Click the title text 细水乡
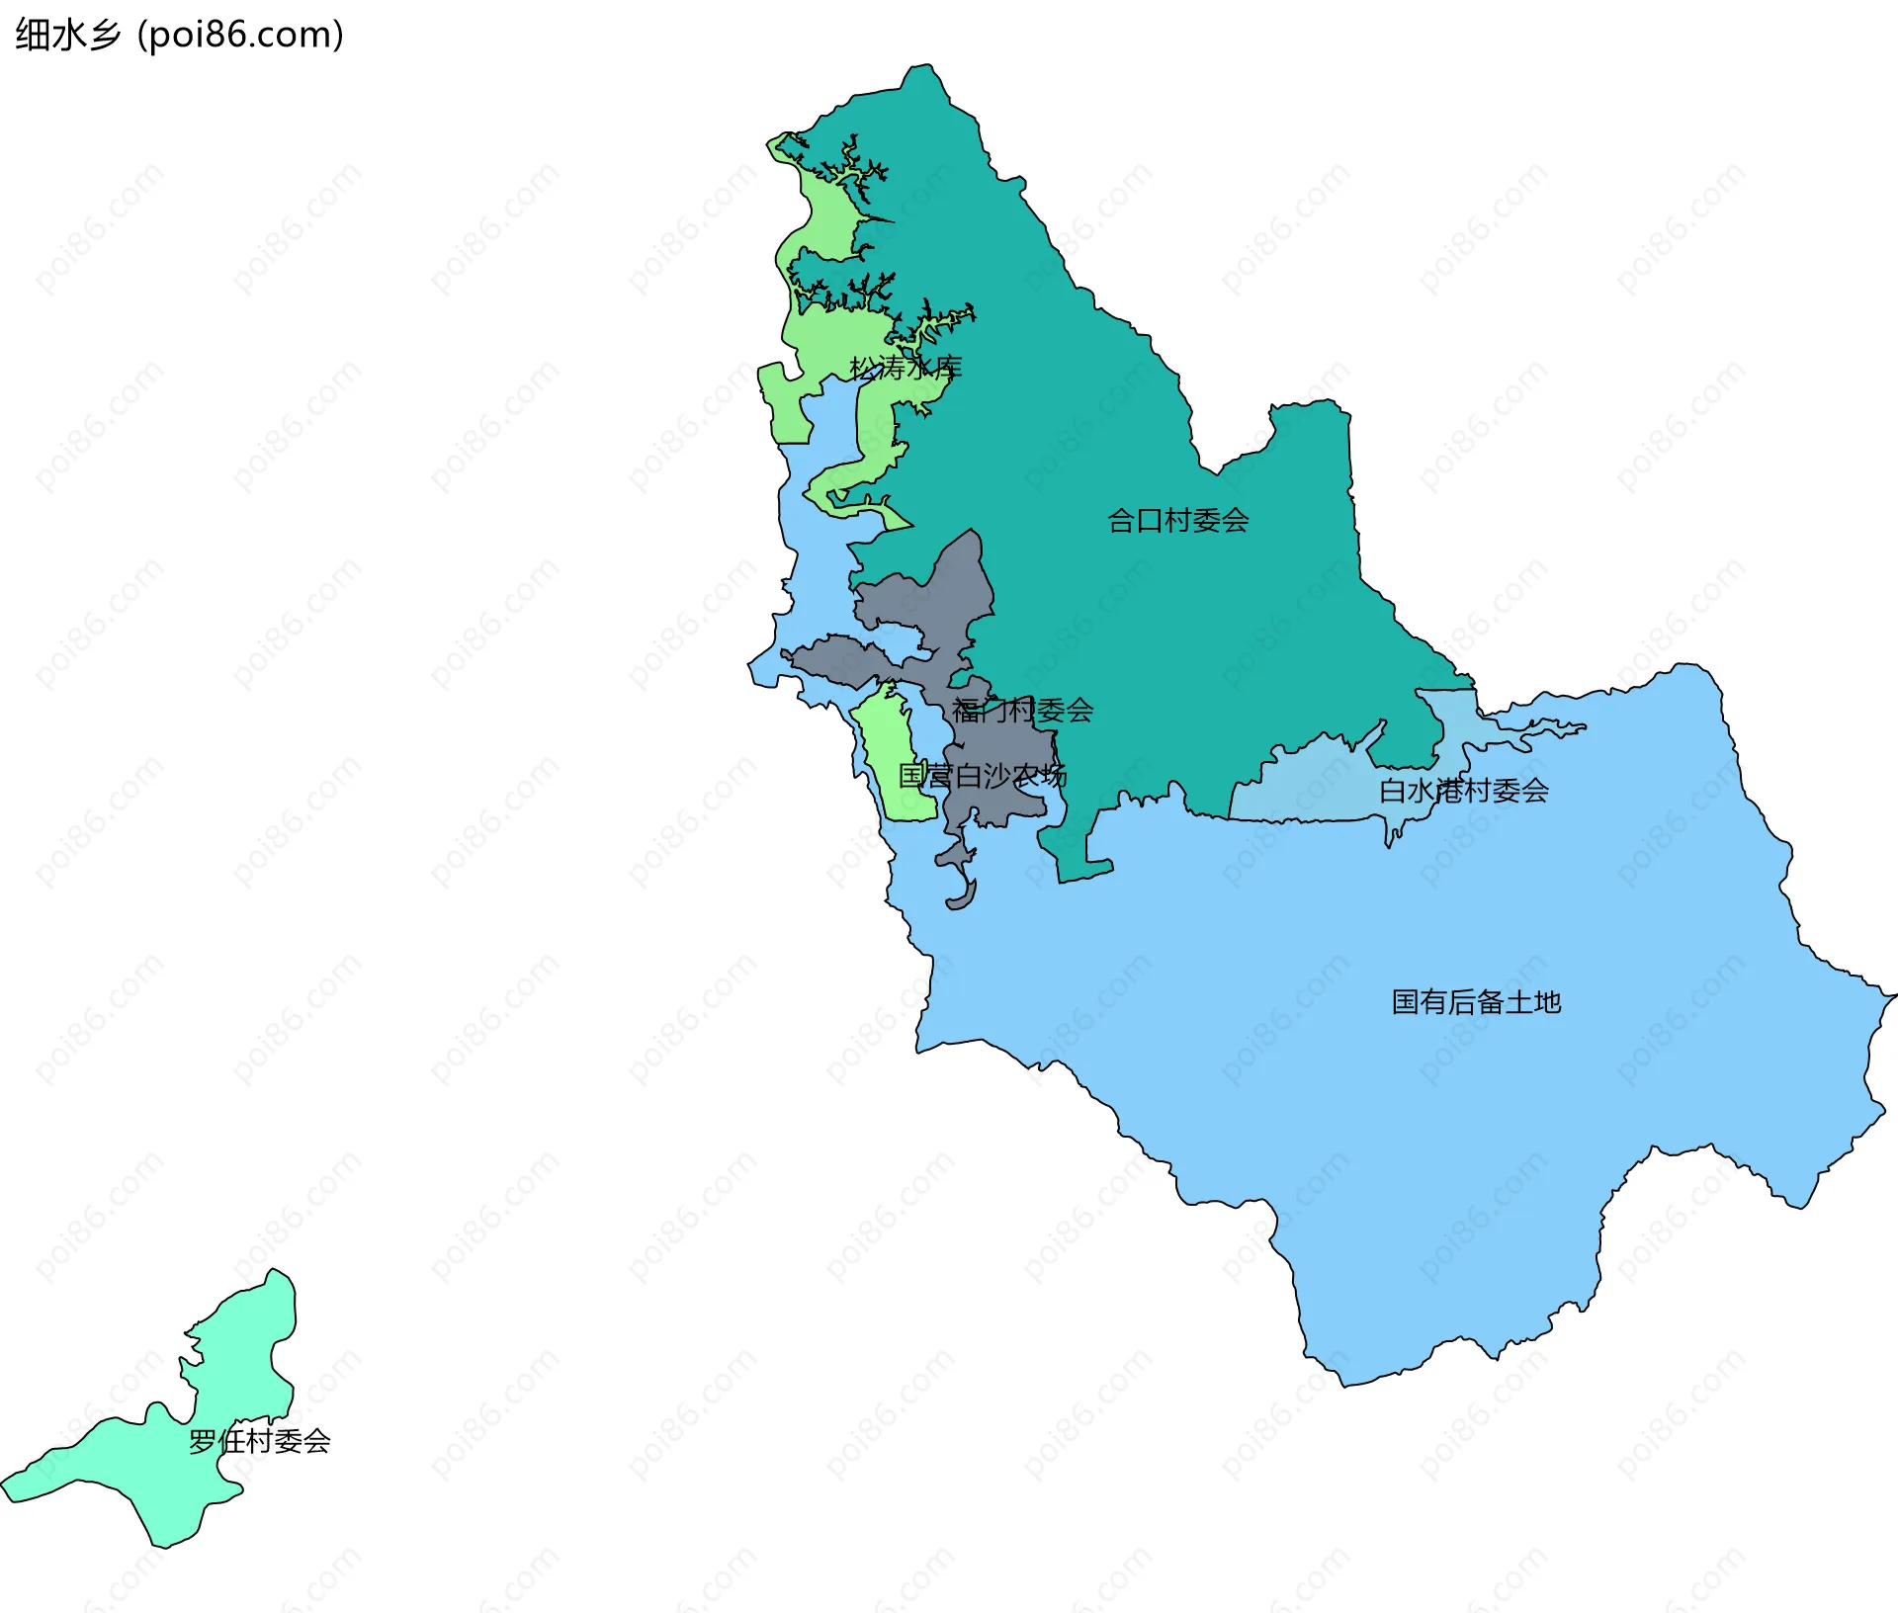coord(67,35)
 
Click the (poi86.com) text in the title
coord(240,35)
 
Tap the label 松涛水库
coord(906,368)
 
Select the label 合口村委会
coord(1177,520)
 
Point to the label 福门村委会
coord(1022,710)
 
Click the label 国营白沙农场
coord(982,775)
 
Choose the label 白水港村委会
coord(1463,790)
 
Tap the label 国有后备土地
coord(1476,1001)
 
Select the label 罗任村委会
coord(259,1441)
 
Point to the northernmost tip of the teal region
coord(922,67)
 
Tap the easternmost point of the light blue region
coord(1893,995)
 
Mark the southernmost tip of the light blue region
coord(1344,1384)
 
